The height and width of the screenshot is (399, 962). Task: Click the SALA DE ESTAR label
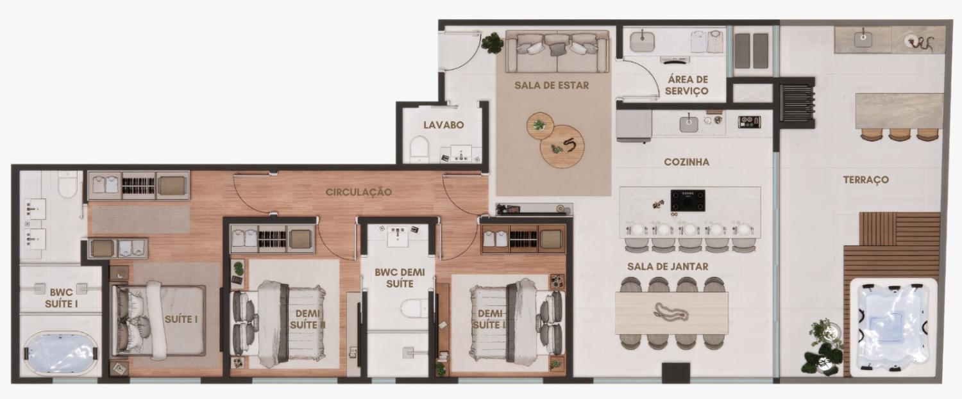(552, 85)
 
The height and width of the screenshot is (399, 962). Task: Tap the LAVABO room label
(444, 125)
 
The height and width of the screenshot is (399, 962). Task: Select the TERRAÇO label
(866, 179)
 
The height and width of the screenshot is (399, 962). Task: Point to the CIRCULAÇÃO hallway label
(359, 191)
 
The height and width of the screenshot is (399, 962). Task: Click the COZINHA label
(686, 162)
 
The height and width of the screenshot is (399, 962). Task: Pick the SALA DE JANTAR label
(668, 266)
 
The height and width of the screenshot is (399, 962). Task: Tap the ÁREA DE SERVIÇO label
(687, 85)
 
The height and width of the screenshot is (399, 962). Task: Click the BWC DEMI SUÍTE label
(400, 277)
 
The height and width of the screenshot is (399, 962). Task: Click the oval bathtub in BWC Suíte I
(60, 354)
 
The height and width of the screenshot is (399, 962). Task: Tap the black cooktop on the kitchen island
(688, 201)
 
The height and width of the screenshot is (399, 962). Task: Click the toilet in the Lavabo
(419, 149)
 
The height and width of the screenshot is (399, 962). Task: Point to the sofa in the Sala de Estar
(557, 51)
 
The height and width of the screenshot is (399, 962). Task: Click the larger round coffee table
(562, 146)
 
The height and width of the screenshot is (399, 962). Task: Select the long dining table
(671, 313)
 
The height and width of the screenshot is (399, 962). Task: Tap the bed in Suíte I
(158, 320)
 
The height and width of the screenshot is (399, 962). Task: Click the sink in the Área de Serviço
(642, 42)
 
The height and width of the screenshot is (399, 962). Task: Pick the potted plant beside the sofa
(492, 43)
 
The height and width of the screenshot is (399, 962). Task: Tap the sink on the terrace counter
(863, 38)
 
